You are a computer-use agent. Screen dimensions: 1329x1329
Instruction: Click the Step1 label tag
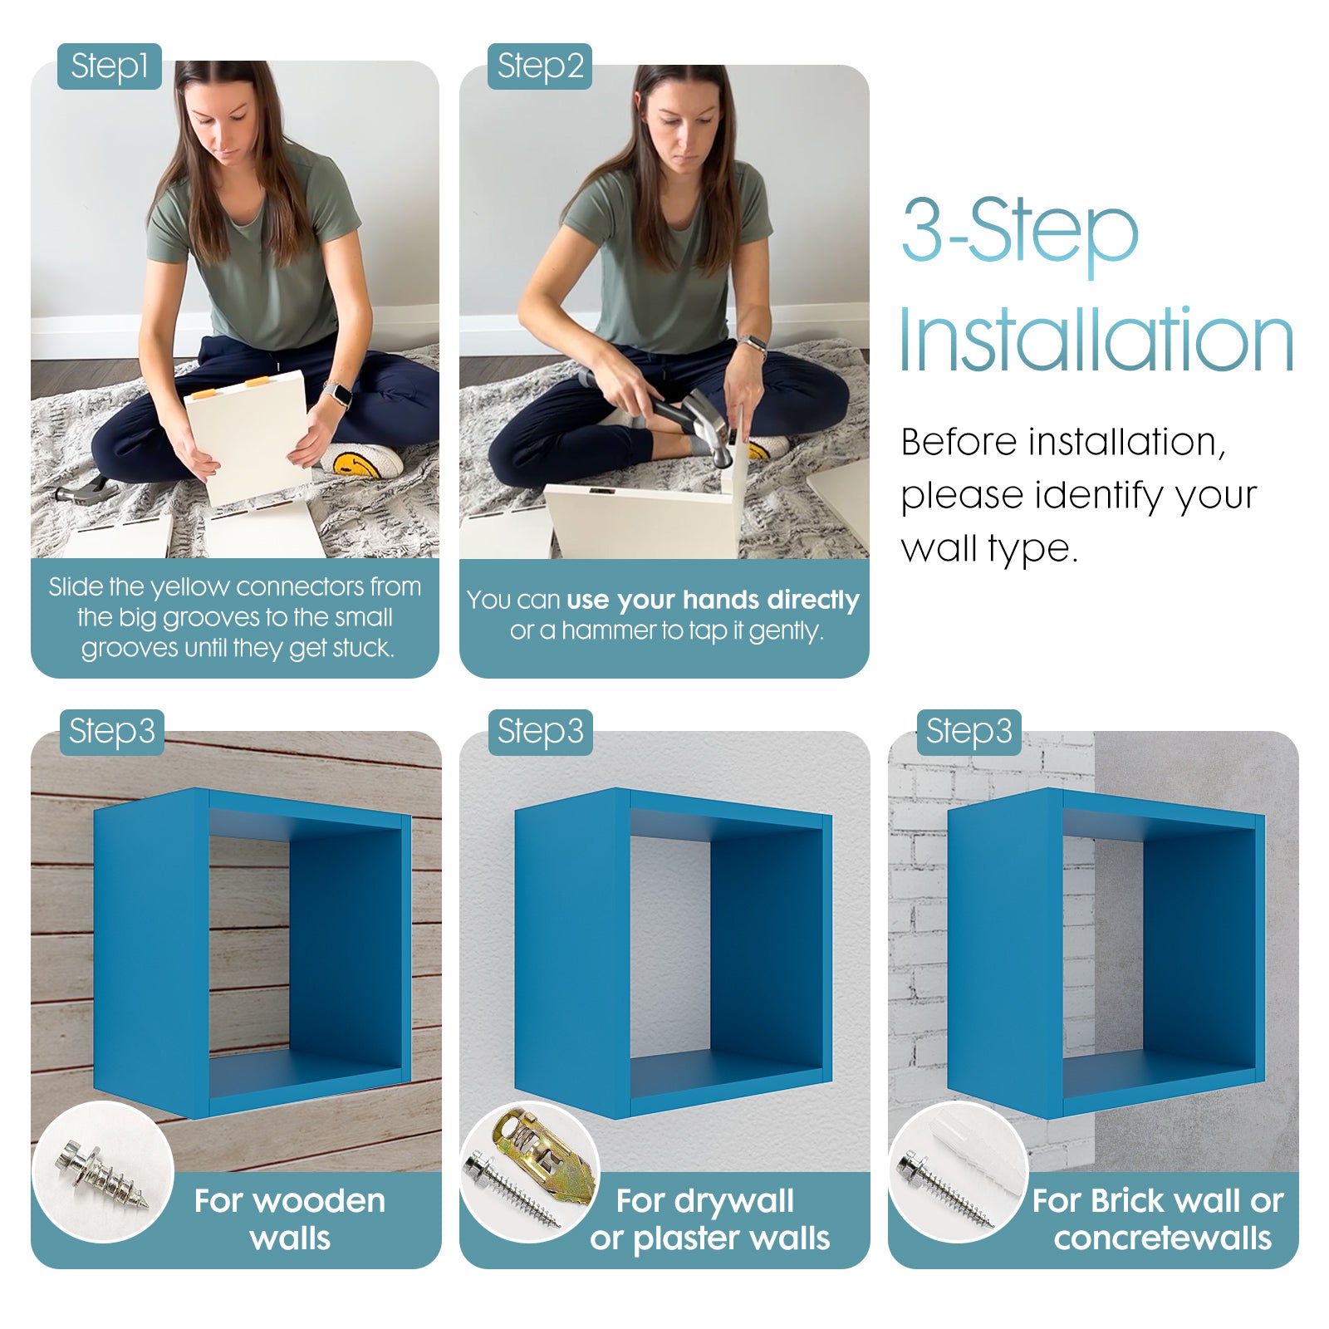(x=109, y=66)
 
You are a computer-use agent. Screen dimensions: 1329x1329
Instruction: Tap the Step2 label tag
(x=540, y=66)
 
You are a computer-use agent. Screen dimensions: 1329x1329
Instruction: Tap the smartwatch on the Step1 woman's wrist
(x=336, y=394)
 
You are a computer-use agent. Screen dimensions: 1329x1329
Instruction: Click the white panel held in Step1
(x=247, y=437)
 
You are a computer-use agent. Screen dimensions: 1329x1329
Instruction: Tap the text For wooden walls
(x=290, y=1219)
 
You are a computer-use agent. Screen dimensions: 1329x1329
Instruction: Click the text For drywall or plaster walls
(x=710, y=1219)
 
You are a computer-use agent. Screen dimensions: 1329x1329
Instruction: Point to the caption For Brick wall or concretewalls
(x=1160, y=1219)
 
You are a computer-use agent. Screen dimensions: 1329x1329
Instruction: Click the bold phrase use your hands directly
(x=713, y=600)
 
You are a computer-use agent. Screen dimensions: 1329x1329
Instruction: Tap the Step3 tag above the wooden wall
(x=111, y=732)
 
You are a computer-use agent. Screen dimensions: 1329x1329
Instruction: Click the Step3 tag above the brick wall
(x=969, y=732)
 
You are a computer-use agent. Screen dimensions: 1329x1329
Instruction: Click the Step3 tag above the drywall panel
(x=540, y=732)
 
